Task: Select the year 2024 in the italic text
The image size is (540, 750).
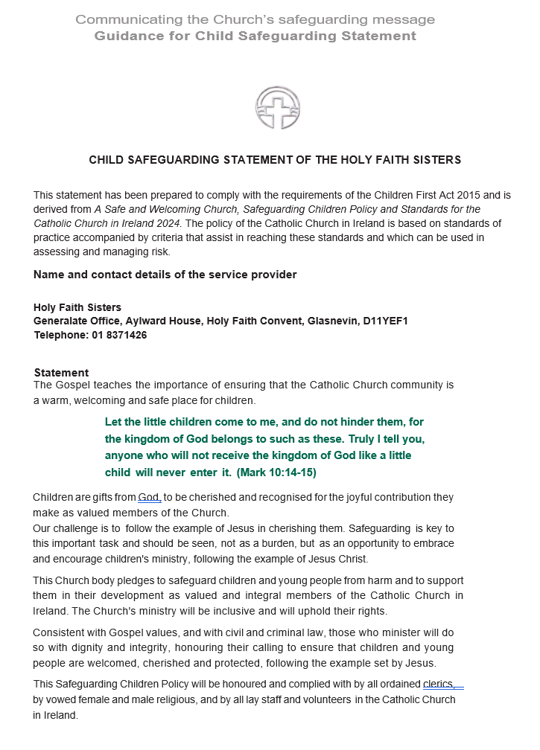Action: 168,222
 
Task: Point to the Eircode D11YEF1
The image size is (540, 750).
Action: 386,321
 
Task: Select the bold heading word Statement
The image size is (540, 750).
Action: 61,373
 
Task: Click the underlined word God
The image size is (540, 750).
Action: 149,497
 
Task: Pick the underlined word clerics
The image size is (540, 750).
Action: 438,685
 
